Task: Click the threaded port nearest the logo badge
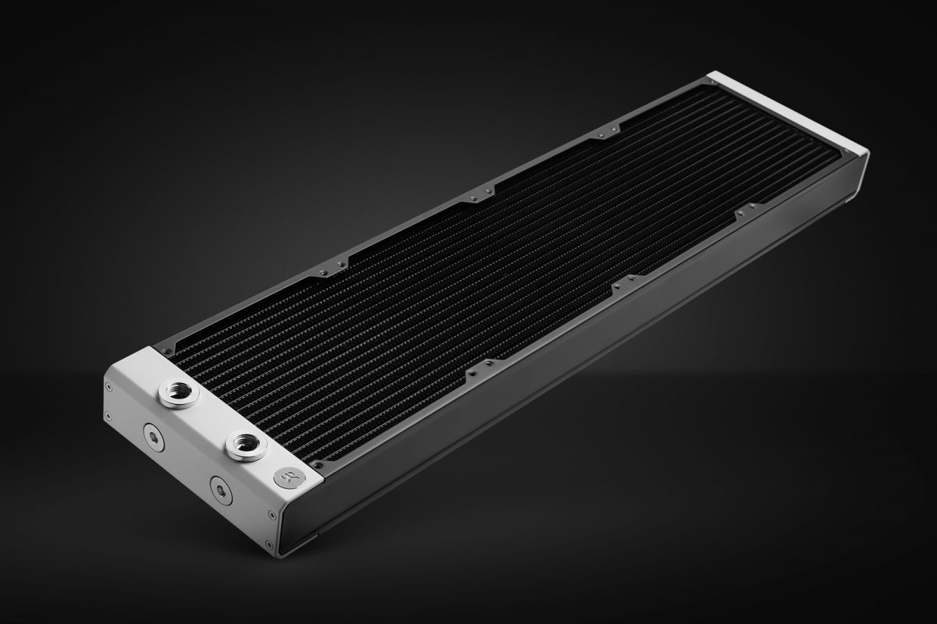click(x=244, y=445)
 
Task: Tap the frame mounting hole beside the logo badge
click(x=318, y=466)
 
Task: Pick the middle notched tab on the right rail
click(x=624, y=283)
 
